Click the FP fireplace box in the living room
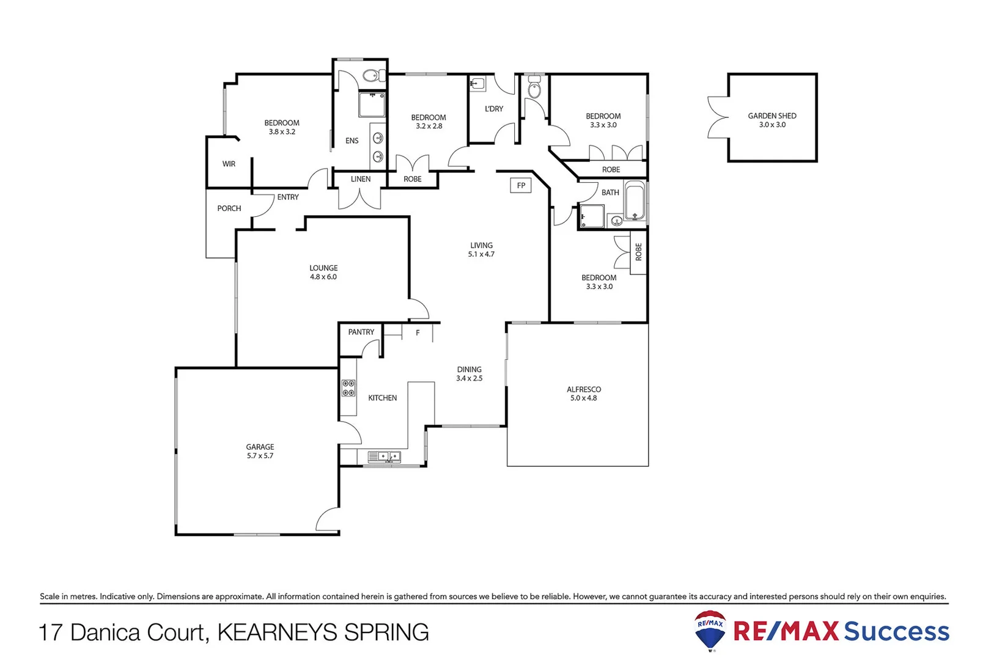520,185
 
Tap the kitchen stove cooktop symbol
348,388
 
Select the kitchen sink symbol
384,457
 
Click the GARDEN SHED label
772,116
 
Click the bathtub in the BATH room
635,201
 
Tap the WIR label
229,164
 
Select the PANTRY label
361,332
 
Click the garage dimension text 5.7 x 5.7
260,456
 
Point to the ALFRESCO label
583,389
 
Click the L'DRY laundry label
493,109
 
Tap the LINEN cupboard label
360,179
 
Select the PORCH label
229,208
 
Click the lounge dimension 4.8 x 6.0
323,277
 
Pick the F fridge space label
418,333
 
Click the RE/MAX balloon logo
710,629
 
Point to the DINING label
469,369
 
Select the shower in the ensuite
371,105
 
